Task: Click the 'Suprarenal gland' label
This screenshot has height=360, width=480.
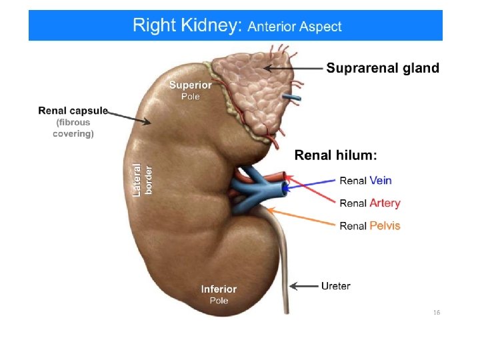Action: tap(382, 68)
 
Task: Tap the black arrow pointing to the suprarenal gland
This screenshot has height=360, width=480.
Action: tap(293, 68)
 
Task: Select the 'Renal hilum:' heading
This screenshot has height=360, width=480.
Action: tap(335, 155)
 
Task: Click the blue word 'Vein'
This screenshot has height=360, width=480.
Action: tap(380, 180)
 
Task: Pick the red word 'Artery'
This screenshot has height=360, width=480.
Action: tap(385, 203)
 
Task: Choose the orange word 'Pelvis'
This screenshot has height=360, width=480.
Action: tap(385, 225)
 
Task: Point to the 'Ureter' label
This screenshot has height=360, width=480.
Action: tap(335, 286)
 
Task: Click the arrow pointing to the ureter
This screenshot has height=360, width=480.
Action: tap(304, 287)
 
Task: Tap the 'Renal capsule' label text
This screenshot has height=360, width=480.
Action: tap(73, 110)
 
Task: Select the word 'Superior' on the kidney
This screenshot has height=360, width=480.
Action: tap(190, 85)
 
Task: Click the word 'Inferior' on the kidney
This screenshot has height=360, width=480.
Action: tap(219, 289)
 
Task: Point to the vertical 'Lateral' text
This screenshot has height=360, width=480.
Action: tap(137, 180)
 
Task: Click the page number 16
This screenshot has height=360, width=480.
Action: tap(437, 313)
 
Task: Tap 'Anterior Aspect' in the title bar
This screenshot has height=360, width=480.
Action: tap(295, 27)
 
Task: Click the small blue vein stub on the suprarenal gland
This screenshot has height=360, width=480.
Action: tap(291, 97)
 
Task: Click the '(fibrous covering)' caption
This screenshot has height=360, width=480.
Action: tap(73, 128)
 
